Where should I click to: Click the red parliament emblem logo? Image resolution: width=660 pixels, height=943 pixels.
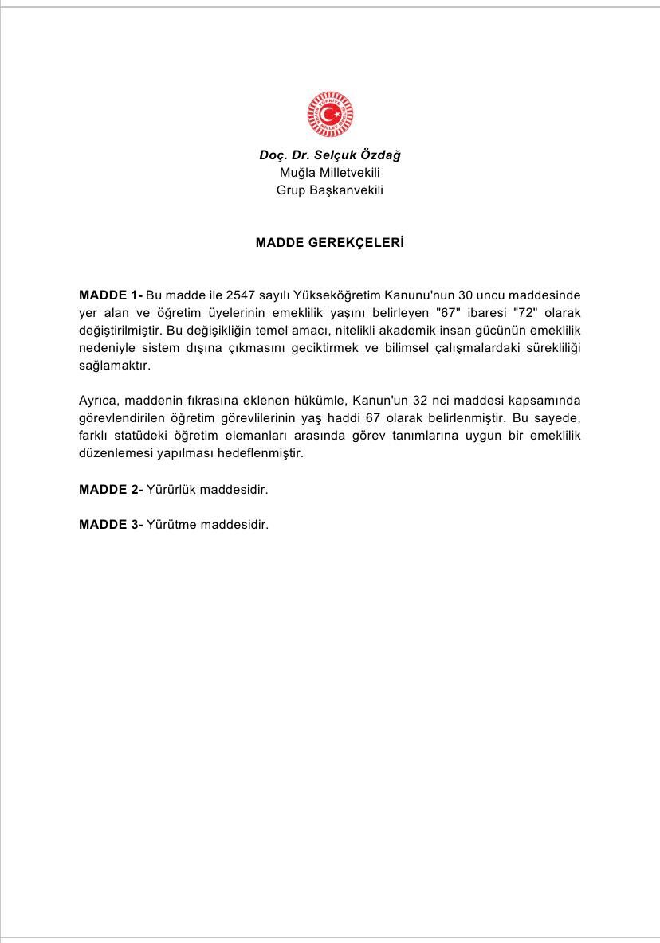330,115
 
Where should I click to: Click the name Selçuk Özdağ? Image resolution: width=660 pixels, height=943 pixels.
357,155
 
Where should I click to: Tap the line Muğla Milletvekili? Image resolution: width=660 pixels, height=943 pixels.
330,173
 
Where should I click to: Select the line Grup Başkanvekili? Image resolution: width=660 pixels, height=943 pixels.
330,190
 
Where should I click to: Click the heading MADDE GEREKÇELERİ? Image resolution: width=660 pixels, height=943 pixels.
330,243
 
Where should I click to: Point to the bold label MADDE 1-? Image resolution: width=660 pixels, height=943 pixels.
111,295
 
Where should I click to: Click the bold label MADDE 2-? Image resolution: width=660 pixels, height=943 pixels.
111,490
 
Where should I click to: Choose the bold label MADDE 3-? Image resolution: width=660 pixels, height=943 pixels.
111,525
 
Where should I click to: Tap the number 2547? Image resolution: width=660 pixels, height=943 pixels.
242,295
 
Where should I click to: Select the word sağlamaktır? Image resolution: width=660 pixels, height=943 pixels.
115,366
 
